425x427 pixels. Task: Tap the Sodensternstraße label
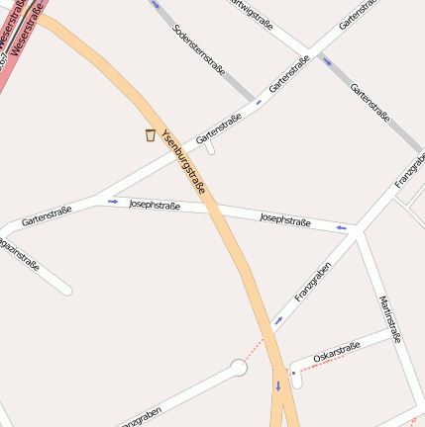(199, 50)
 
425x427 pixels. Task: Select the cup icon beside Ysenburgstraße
(150, 135)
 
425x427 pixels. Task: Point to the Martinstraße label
(389, 318)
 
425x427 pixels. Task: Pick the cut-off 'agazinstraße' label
(19, 251)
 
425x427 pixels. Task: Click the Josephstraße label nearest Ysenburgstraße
(154, 205)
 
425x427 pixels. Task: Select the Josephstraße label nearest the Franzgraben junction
(285, 218)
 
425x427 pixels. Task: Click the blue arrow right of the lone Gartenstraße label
(112, 202)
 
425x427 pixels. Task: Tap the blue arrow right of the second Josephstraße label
(342, 228)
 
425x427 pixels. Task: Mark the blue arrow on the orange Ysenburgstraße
(278, 385)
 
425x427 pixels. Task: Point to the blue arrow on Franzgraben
(277, 319)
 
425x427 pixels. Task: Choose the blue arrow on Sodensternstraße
(155, 4)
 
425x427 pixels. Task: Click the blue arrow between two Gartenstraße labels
(260, 101)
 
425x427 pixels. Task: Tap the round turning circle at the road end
(238, 368)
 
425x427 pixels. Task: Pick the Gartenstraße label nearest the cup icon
(220, 127)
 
